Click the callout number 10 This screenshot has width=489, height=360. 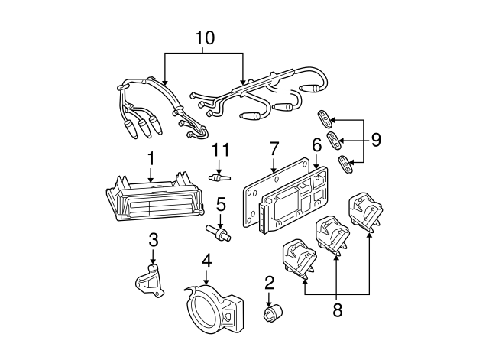point(204,37)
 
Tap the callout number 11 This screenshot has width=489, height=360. point(220,149)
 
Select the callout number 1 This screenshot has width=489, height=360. point(151,159)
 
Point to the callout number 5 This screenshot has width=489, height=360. point(220,204)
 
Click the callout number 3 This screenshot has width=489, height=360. point(154,240)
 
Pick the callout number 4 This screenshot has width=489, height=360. point(206,261)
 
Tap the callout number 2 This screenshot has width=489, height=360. point(269,284)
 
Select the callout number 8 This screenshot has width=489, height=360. point(337,313)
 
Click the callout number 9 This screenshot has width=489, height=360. point(375,140)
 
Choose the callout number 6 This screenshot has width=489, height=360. point(316,144)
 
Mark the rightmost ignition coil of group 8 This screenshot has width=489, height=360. point(365,212)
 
